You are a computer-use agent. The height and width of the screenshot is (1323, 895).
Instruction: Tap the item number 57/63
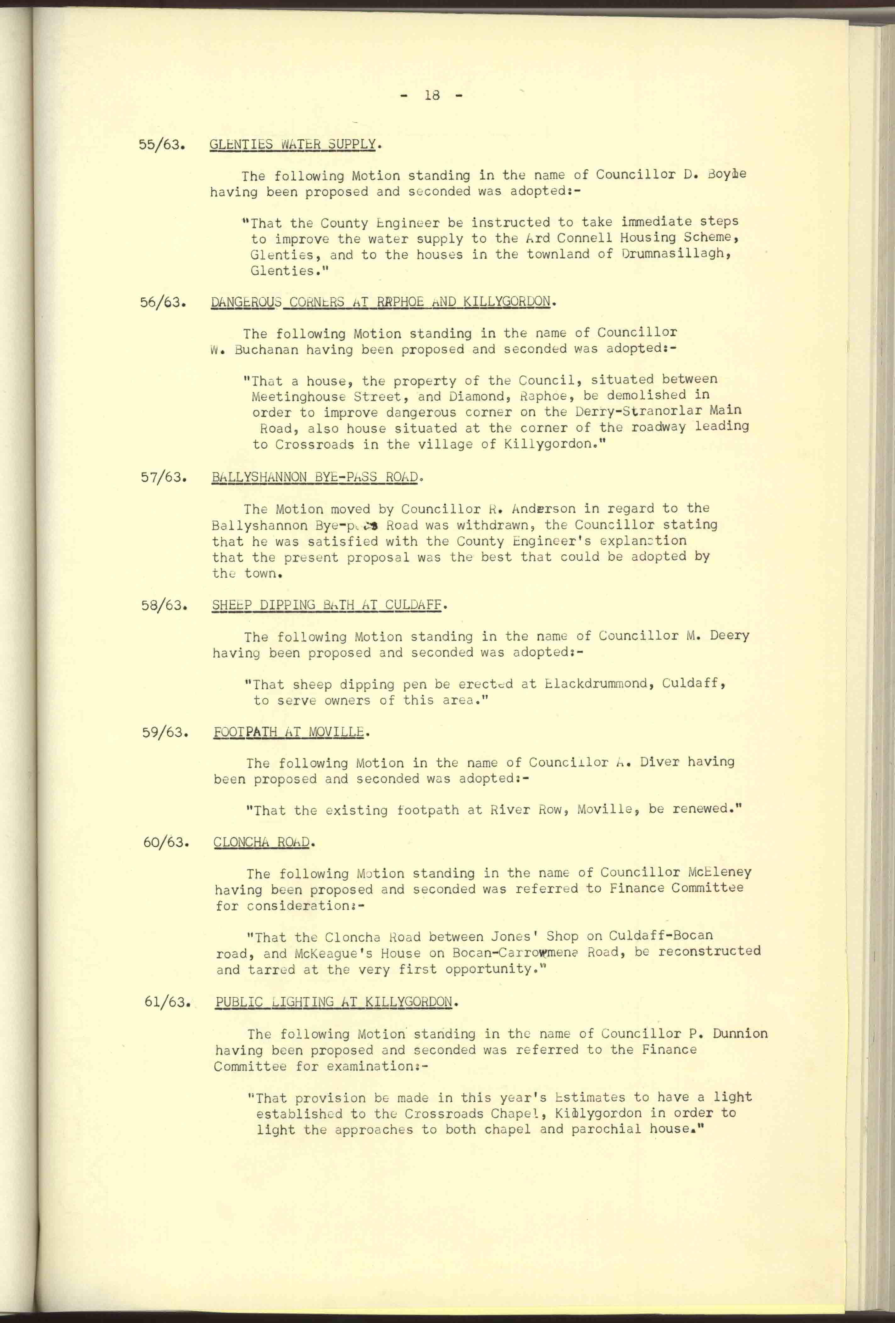tap(164, 477)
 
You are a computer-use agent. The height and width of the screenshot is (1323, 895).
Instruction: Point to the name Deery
tap(729, 636)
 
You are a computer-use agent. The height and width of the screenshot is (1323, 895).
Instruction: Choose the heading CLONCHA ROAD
tap(262, 843)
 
